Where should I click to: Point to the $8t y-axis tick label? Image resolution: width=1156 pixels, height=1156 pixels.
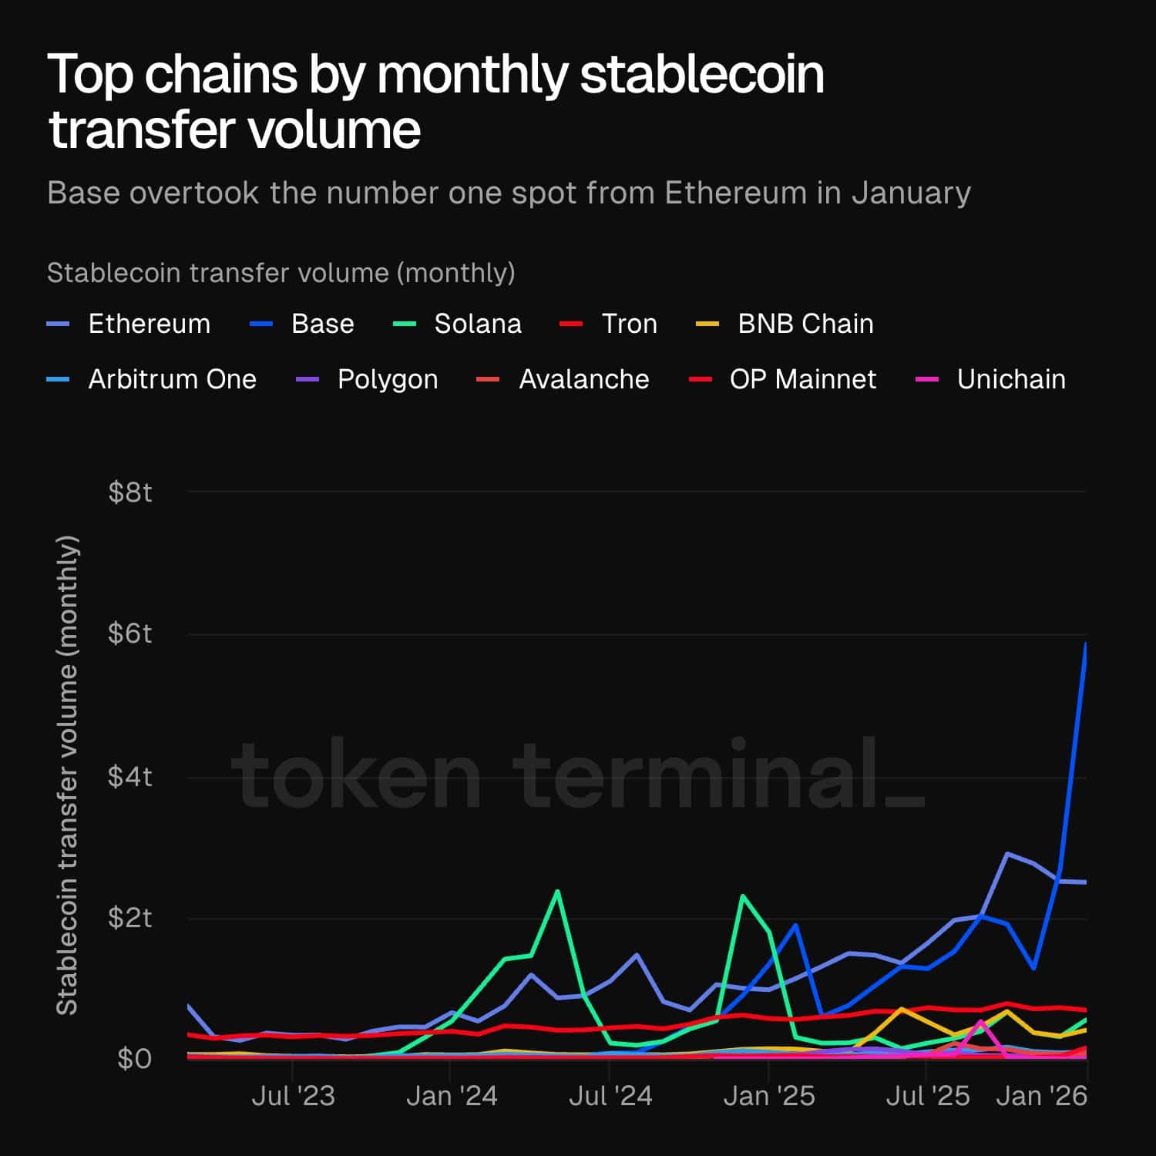pyautogui.click(x=130, y=492)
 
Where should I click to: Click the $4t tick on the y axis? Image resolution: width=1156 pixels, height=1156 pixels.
pyautogui.click(x=130, y=776)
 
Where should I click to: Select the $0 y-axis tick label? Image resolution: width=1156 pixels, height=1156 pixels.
pyautogui.click(x=134, y=1059)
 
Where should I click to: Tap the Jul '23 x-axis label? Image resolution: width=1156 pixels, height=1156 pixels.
pyautogui.click(x=293, y=1095)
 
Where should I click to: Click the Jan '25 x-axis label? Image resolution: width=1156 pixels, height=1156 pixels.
pyautogui.click(x=768, y=1095)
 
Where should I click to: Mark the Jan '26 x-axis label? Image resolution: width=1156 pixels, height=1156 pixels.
pyautogui.click(x=1041, y=1095)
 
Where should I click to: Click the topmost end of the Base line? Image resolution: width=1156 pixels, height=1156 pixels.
pyautogui.click(x=1086, y=644)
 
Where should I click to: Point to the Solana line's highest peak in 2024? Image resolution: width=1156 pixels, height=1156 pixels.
pyautogui.click(x=557, y=892)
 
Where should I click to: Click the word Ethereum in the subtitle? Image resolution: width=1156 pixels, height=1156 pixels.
pyautogui.click(x=735, y=193)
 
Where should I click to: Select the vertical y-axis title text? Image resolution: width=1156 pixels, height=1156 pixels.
pyautogui.click(x=68, y=775)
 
